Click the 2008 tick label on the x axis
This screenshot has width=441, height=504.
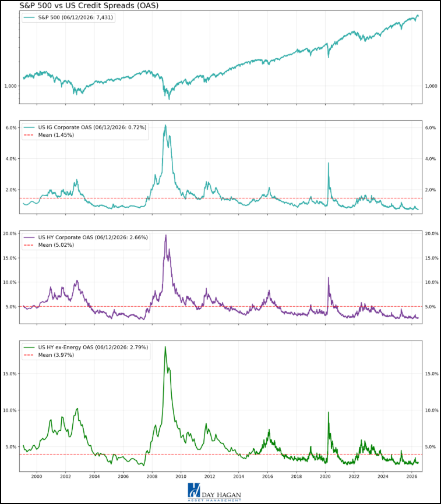(x=152, y=477)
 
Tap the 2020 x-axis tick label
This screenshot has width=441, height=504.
(x=325, y=477)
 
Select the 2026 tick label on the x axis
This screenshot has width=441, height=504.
(x=412, y=477)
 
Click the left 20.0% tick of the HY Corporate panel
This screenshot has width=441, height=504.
(x=10, y=234)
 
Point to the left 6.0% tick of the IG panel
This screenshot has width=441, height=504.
(x=11, y=127)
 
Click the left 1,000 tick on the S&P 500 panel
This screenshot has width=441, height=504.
(x=10, y=86)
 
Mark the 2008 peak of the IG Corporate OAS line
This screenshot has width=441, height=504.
(x=165, y=125)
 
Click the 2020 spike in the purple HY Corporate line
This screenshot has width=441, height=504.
(x=329, y=278)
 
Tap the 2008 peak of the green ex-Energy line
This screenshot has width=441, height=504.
(x=165, y=347)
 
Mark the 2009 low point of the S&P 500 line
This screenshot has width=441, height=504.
(x=169, y=100)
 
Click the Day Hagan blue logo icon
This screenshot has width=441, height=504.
(x=194, y=491)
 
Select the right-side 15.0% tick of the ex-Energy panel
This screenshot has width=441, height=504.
(x=432, y=374)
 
